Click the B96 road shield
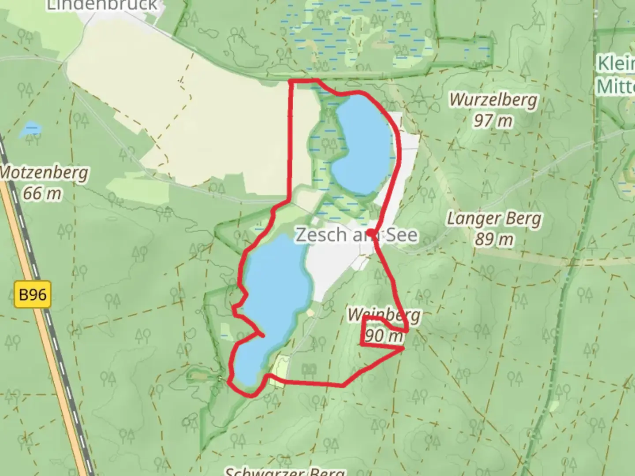click(33, 294)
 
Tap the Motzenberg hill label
click(44, 173)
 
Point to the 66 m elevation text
click(42, 193)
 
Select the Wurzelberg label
click(493, 100)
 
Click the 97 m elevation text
click(493, 120)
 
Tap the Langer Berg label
click(494, 219)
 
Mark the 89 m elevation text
click(494, 239)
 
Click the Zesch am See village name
click(356, 235)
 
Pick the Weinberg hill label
click(384, 315)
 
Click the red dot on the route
click(372, 233)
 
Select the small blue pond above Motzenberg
click(31, 129)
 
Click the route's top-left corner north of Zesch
click(290, 82)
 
